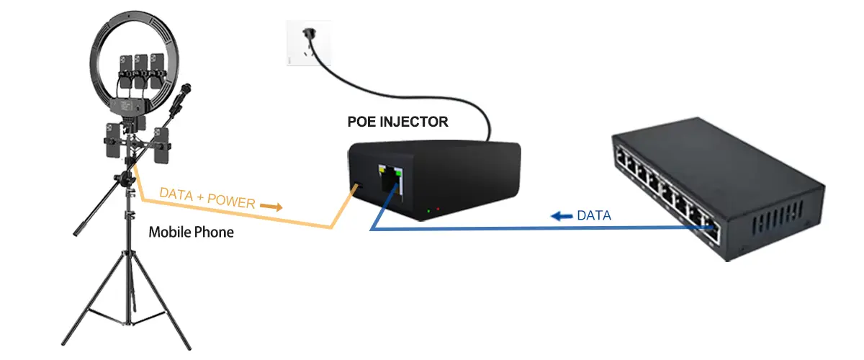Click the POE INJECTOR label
[397, 122]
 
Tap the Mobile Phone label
[191, 233]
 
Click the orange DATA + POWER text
[207, 198]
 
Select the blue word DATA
[594, 215]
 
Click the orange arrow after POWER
[271, 207]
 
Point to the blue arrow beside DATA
[562, 216]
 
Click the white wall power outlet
[309, 43]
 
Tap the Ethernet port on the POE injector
[391, 181]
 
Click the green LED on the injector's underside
[429, 211]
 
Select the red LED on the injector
[438, 209]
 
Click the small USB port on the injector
[357, 185]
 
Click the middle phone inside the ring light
[141, 71]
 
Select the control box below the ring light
[128, 107]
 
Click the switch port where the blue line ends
[714, 230]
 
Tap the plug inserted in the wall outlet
[310, 34]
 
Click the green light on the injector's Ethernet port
[398, 173]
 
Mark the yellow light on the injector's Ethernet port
[382, 168]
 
